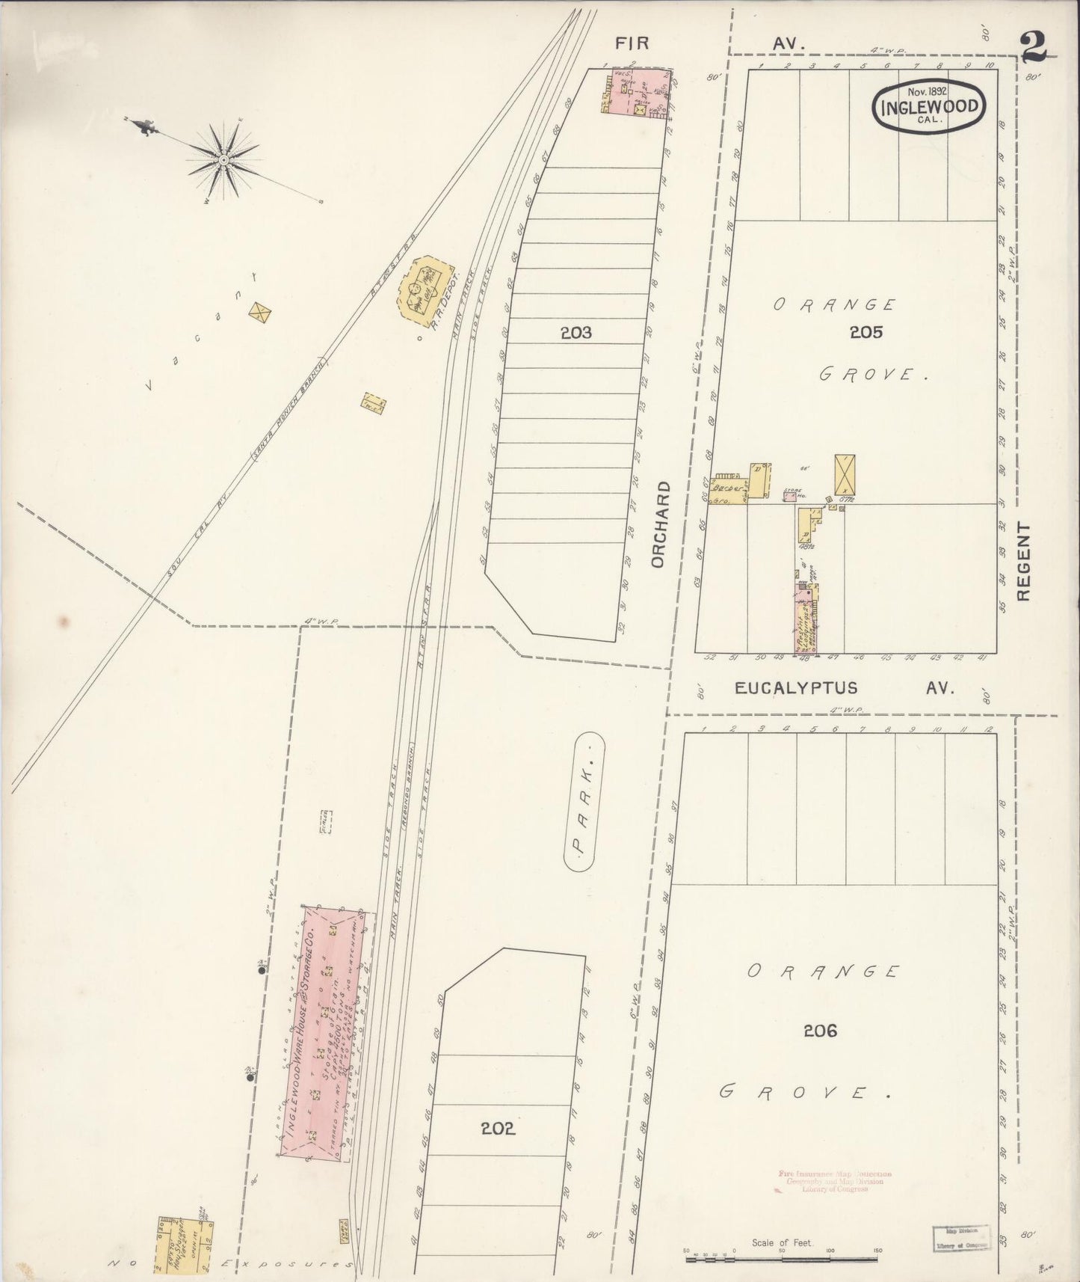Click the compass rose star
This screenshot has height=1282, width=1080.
[x=223, y=159]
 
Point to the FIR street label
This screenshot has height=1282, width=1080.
[x=632, y=44]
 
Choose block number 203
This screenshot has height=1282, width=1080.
[x=576, y=332]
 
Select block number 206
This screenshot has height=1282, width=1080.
[x=820, y=1031]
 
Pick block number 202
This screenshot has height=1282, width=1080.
[x=498, y=1128]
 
